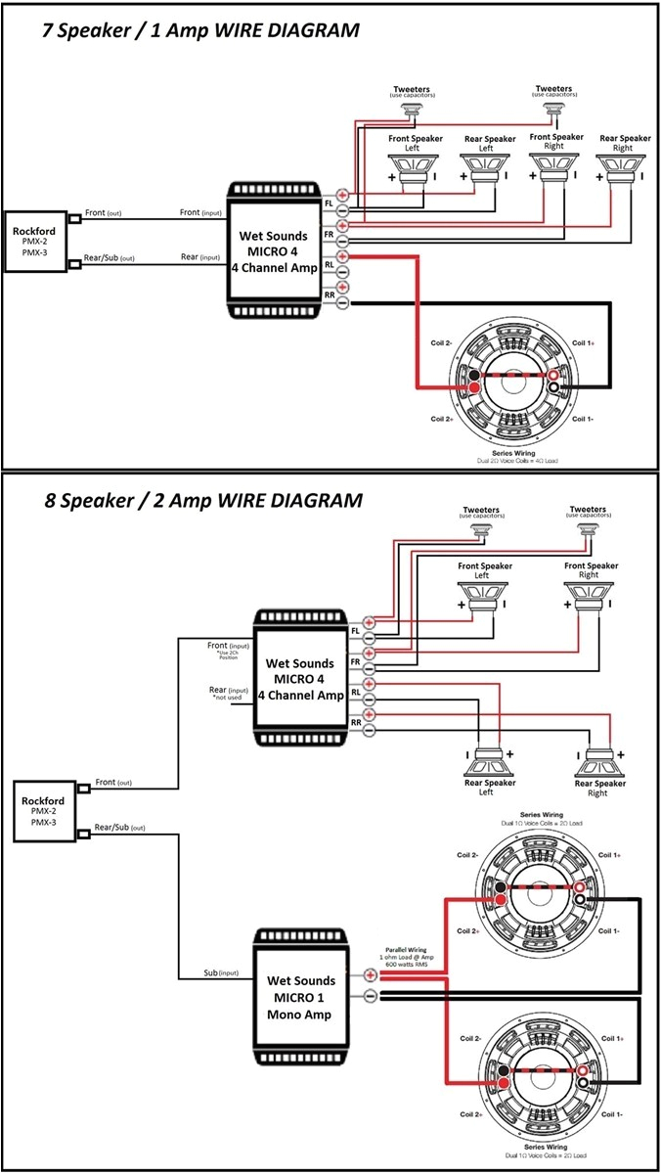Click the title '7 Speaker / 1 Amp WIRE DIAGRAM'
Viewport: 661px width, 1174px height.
coord(199,30)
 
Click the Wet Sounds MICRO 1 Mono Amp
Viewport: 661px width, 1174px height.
coord(302,997)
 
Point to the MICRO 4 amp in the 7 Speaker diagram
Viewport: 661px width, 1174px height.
coord(274,248)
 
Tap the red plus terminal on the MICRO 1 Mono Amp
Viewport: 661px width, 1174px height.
coord(371,974)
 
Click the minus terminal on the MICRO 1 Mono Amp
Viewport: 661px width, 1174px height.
coord(371,996)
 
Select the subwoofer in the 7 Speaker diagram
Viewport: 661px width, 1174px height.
coord(514,383)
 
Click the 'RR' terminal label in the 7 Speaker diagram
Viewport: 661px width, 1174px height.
coord(330,293)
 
